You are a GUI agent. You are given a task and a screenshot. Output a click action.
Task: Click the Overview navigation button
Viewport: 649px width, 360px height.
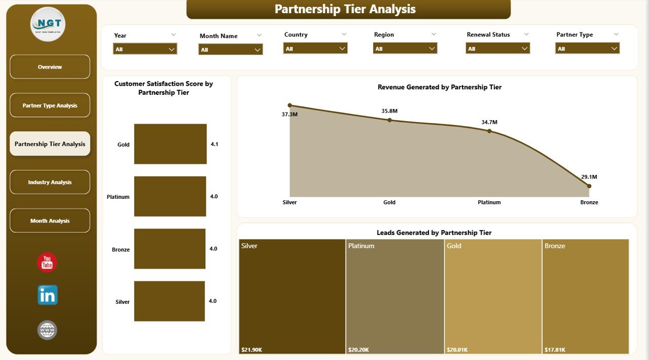[x=50, y=67]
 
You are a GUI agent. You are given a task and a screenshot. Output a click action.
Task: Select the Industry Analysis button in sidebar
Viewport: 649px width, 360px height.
[x=50, y=182]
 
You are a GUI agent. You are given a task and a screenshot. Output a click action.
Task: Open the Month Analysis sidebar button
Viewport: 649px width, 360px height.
[x=50, y=221]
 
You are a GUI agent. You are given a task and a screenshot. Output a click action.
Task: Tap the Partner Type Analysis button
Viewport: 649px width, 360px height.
[x=50, y=105]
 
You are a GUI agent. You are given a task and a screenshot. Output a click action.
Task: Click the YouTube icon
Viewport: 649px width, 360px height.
[x=47, y=263]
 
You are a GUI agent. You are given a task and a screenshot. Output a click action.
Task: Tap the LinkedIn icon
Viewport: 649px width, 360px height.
[x=47, y=295]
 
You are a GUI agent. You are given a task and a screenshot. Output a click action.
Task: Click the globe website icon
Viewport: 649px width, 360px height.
[x=47, y=330]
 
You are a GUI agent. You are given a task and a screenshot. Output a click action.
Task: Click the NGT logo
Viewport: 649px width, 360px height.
[x=48, y=24]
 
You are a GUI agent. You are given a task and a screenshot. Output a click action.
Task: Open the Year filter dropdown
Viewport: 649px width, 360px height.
[x=145, y=49]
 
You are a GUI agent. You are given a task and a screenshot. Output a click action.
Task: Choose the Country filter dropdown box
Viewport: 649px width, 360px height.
[x=315, y=48]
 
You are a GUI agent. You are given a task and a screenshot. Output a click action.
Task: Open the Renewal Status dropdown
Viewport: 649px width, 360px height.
[x=498, y=48]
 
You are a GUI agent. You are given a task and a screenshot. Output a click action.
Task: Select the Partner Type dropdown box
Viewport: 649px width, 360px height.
[x=588, y=48]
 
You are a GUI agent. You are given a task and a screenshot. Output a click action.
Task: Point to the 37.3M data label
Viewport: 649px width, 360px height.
[x=290, y=115]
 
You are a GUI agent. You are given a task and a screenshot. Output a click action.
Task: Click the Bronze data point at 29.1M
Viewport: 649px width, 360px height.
[x=589, y=186]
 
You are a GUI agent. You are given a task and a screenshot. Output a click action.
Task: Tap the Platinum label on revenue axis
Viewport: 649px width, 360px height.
[x=489, y=202]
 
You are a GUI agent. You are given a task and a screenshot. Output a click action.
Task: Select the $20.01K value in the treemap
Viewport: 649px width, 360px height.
[x=457, y=349]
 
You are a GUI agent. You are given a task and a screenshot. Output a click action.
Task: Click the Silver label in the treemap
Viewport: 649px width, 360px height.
[x=249, y=246]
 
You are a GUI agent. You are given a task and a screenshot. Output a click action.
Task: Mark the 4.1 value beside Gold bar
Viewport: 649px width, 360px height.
[x=214, y=144]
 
